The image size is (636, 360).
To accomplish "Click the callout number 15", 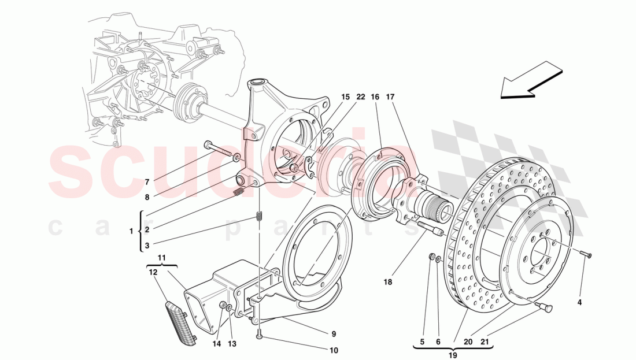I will tap(345, 98).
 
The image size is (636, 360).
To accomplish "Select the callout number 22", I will tap(360, 98).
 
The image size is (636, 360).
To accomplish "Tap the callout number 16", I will tap(375, 98).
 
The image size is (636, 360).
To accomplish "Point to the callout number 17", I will tap(390, 98).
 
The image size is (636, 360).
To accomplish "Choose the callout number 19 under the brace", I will tap(453, 355).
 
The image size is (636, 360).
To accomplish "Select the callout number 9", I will tap(333, 333).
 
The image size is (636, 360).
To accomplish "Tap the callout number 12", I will tap(153, 272).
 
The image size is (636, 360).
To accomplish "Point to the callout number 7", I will tap(147, 181).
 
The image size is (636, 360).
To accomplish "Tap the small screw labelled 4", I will tap(587, 254).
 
